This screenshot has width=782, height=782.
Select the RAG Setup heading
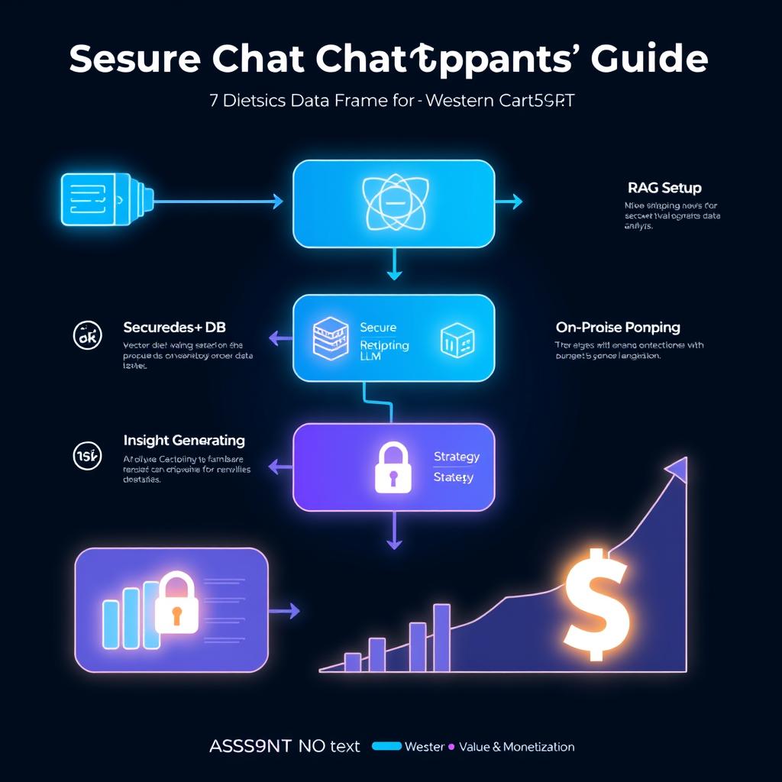point(664,187)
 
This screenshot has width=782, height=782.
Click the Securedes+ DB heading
point(173,327)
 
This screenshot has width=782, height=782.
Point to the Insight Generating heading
point(184,441)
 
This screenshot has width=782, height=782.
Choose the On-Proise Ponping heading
point(618,328)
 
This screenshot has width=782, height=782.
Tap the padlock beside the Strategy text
point(393,467)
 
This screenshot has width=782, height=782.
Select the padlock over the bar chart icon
point(176,603)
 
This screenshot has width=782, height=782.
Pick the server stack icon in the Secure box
point(331,339)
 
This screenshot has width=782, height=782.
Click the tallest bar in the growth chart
point(441,637)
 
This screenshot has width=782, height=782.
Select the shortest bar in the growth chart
point(352,661)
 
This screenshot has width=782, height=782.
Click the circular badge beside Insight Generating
point(86,456)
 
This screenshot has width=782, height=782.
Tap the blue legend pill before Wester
point(386,746)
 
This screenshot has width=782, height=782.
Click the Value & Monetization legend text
point(517,747)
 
